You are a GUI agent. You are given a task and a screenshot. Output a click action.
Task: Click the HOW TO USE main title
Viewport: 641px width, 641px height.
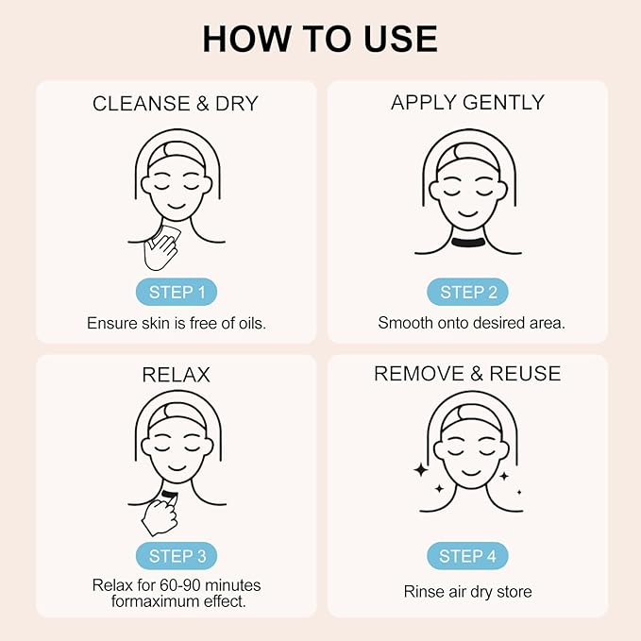(320, 38)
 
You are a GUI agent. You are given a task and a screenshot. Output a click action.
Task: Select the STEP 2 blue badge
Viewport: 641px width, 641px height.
(467, 292)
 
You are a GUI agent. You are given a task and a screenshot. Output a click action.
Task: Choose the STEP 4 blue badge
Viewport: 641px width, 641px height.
(467, 556)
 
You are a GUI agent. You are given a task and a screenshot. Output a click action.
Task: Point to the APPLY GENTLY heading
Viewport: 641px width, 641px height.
(467, 104)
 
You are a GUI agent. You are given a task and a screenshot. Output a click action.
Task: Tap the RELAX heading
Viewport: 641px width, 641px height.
(177, 375)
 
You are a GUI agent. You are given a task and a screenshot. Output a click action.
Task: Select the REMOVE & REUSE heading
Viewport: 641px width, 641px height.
(467, 374)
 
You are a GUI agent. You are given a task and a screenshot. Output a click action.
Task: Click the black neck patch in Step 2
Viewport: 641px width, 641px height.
(467, 245)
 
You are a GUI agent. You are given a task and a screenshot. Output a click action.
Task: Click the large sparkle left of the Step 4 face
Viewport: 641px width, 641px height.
(419, 469)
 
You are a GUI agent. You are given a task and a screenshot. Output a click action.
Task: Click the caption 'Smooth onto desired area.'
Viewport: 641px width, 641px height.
(467, 322)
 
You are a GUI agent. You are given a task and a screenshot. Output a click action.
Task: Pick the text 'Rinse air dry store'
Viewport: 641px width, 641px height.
(467, 592)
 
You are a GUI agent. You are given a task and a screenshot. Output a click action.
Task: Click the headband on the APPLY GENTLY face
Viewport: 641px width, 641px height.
(467, 151)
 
